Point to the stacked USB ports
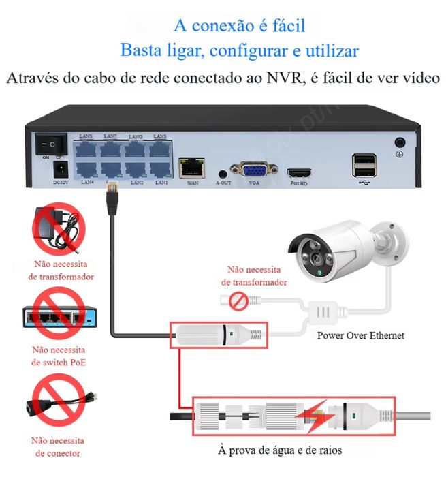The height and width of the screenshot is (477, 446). [364, 166]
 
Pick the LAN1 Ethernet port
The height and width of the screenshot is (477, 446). [161, 170]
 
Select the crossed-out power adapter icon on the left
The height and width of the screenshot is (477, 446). [57, 230]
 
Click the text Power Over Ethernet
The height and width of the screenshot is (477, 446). [360, 335]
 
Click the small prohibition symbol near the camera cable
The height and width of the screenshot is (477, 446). [238, 299]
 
